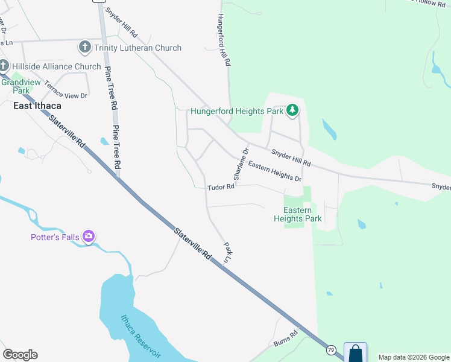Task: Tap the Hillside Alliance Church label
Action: tap(54, 66)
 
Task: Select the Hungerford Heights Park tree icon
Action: tap(292, 110)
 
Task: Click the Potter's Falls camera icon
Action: tap(89, 237)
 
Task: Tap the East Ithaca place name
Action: tap(37, 106)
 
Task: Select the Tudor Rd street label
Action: tap(221, 188)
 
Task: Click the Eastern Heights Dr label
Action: tap(274, 171)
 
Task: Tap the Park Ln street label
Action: tap(227, 252)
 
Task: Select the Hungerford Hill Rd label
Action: tap(224, 40)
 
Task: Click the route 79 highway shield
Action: tap(330, 349)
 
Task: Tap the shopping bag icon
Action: tap(355, 352)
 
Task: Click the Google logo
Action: tap(20, 355)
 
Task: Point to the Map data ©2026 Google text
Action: tap(414, 357)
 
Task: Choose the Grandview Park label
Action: tap(15, 86)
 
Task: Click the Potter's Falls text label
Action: tap(55, 237)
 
